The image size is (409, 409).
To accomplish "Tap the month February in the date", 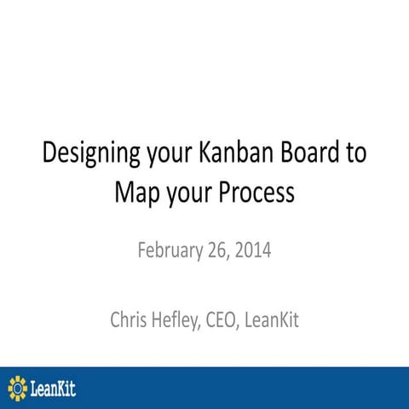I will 170,252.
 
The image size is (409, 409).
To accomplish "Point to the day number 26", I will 218,252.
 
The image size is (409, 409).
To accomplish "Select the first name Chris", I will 130,321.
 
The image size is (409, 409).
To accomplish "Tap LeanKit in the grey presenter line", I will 278,321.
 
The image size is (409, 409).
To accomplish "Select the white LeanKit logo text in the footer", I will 53,388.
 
